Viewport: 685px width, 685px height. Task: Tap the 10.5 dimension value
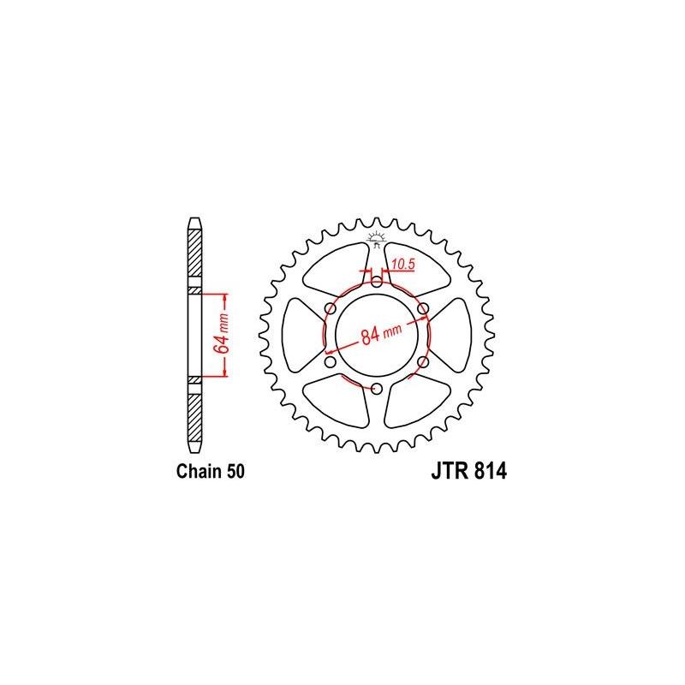(x=403, y=265)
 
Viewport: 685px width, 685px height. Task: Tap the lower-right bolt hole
(x=423, y=362)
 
